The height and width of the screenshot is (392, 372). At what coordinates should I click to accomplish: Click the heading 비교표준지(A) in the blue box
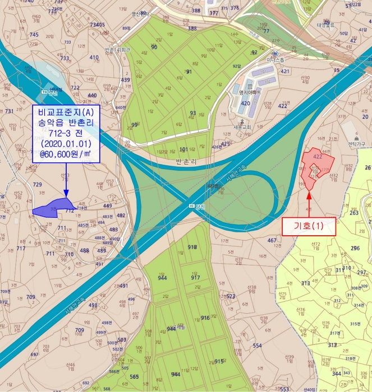pos(66,111)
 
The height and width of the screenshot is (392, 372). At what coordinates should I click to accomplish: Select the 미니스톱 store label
pos(261,59)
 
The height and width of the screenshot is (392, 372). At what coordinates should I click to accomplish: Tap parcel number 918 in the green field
pos(192,247)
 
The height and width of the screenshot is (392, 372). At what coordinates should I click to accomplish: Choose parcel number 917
pos(195,277)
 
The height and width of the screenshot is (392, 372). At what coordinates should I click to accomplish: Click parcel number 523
pos(230,296)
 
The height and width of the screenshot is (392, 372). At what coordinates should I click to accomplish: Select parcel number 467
pos(272,240)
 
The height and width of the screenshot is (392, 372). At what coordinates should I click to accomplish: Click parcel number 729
pos(38,184)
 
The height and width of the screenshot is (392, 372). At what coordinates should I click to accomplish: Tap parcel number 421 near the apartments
pos(285,71)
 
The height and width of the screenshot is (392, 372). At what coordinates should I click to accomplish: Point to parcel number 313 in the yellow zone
pos(305,283)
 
